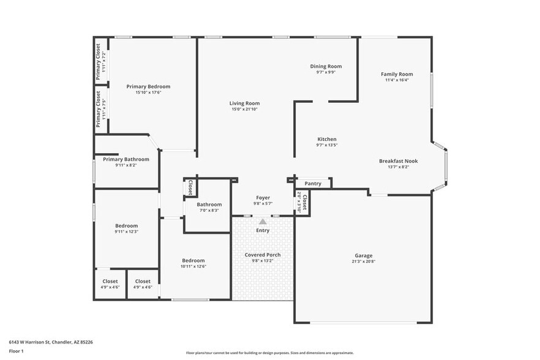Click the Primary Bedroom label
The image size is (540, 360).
(x=148, y=86)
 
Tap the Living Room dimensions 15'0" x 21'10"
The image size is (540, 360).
(x=245, y=110)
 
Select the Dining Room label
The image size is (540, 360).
(x=326, y=66)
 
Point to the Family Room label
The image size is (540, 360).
(x=397, y=73)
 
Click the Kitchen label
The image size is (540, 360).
(x=326, y=139)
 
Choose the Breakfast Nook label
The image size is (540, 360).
(x=398, y=161)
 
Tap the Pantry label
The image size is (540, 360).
(x=313, y=183)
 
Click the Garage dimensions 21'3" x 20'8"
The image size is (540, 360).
(x=363, y=262)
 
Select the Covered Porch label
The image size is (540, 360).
(x=263, y=254)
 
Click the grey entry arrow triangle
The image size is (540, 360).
(x=263, y=222)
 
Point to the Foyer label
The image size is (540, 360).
(x=263, y=198)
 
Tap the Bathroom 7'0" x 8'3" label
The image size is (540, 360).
(x=209, y=204)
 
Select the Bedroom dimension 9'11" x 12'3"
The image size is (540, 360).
(x=127, y=231)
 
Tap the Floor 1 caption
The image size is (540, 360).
(x=16, y=351)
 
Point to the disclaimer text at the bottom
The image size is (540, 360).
(x=270, y=353)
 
